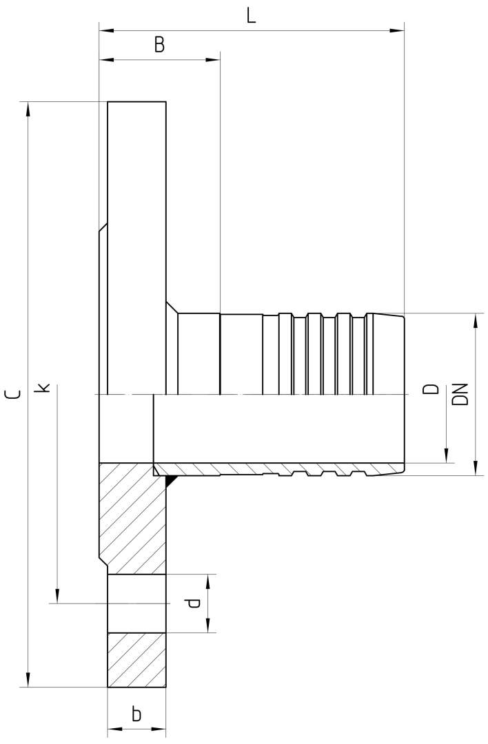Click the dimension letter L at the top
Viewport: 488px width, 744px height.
tap(251, 15)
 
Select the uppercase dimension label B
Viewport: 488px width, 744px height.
tap(159, 45)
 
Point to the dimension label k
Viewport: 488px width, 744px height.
tap(43, 388)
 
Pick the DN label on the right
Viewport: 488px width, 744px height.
tap(460, 394)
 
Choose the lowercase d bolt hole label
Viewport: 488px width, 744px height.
tap(193, 603)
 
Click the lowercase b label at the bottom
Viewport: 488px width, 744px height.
tap(136, 714)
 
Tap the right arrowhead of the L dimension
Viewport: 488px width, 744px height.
tap(397, 31)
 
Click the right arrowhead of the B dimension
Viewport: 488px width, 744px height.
tap(213, 60)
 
